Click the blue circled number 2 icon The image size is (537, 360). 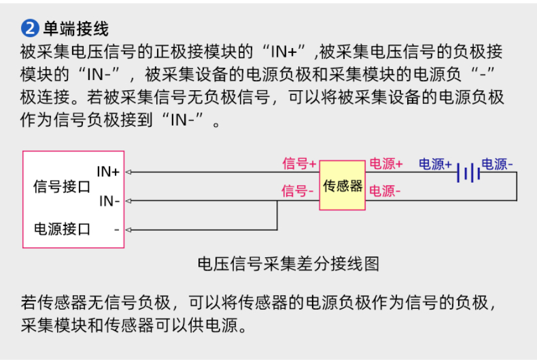pyautogui.click(x=30, y=28)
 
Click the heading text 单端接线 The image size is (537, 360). pyautogui.click(x=76, y=28)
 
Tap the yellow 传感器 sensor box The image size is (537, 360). pyautogui.click(x=342, y=185)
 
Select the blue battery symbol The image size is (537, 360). pyautogui.click(x=468, y=172)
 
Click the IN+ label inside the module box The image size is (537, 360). pyautogui.click(x=108, y=171)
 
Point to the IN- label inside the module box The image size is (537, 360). pyautogui.click(x=109, y=201)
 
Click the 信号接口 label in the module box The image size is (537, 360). pyautogui.click(x=62, y=187)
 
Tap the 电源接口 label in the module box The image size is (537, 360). pyautogui.click(x=62, y=229)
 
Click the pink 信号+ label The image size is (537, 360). pyautogui.click(x=299, y=163)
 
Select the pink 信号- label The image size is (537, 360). pyautogui.click(x=297, y=191)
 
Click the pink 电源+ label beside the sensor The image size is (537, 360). pyautogui.click(x=386, y=163)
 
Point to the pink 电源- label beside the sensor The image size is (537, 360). pyautogui.click(x=385, y=191)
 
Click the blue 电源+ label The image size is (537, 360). pyautogui.click(x=435, y=164)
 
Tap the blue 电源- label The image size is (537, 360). pyautogui.click(x=497, y=164)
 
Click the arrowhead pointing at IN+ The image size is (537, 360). pyautogui.click(x=129, y=172)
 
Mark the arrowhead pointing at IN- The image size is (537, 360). pyautogui.click(x=129, y=201)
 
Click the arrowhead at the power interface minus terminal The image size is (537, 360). pyautogui.click(x=129, y=230)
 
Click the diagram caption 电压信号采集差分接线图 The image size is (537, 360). pyautogui.click(x=289, y=264)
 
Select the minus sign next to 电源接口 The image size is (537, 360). pyautogui.click(x=117, y=230)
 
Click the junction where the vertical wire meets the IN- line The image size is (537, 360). pyautogui.click(x=277, y=201)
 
